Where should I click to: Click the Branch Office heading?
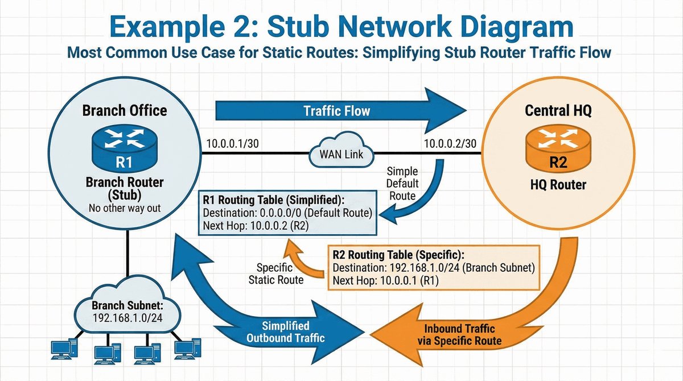(x=125, y=110)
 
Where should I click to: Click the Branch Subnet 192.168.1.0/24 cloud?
(x=127, y=310)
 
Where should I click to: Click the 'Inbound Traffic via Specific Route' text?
(x=460, y=334)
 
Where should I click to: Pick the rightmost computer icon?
(x=187, y=350)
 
